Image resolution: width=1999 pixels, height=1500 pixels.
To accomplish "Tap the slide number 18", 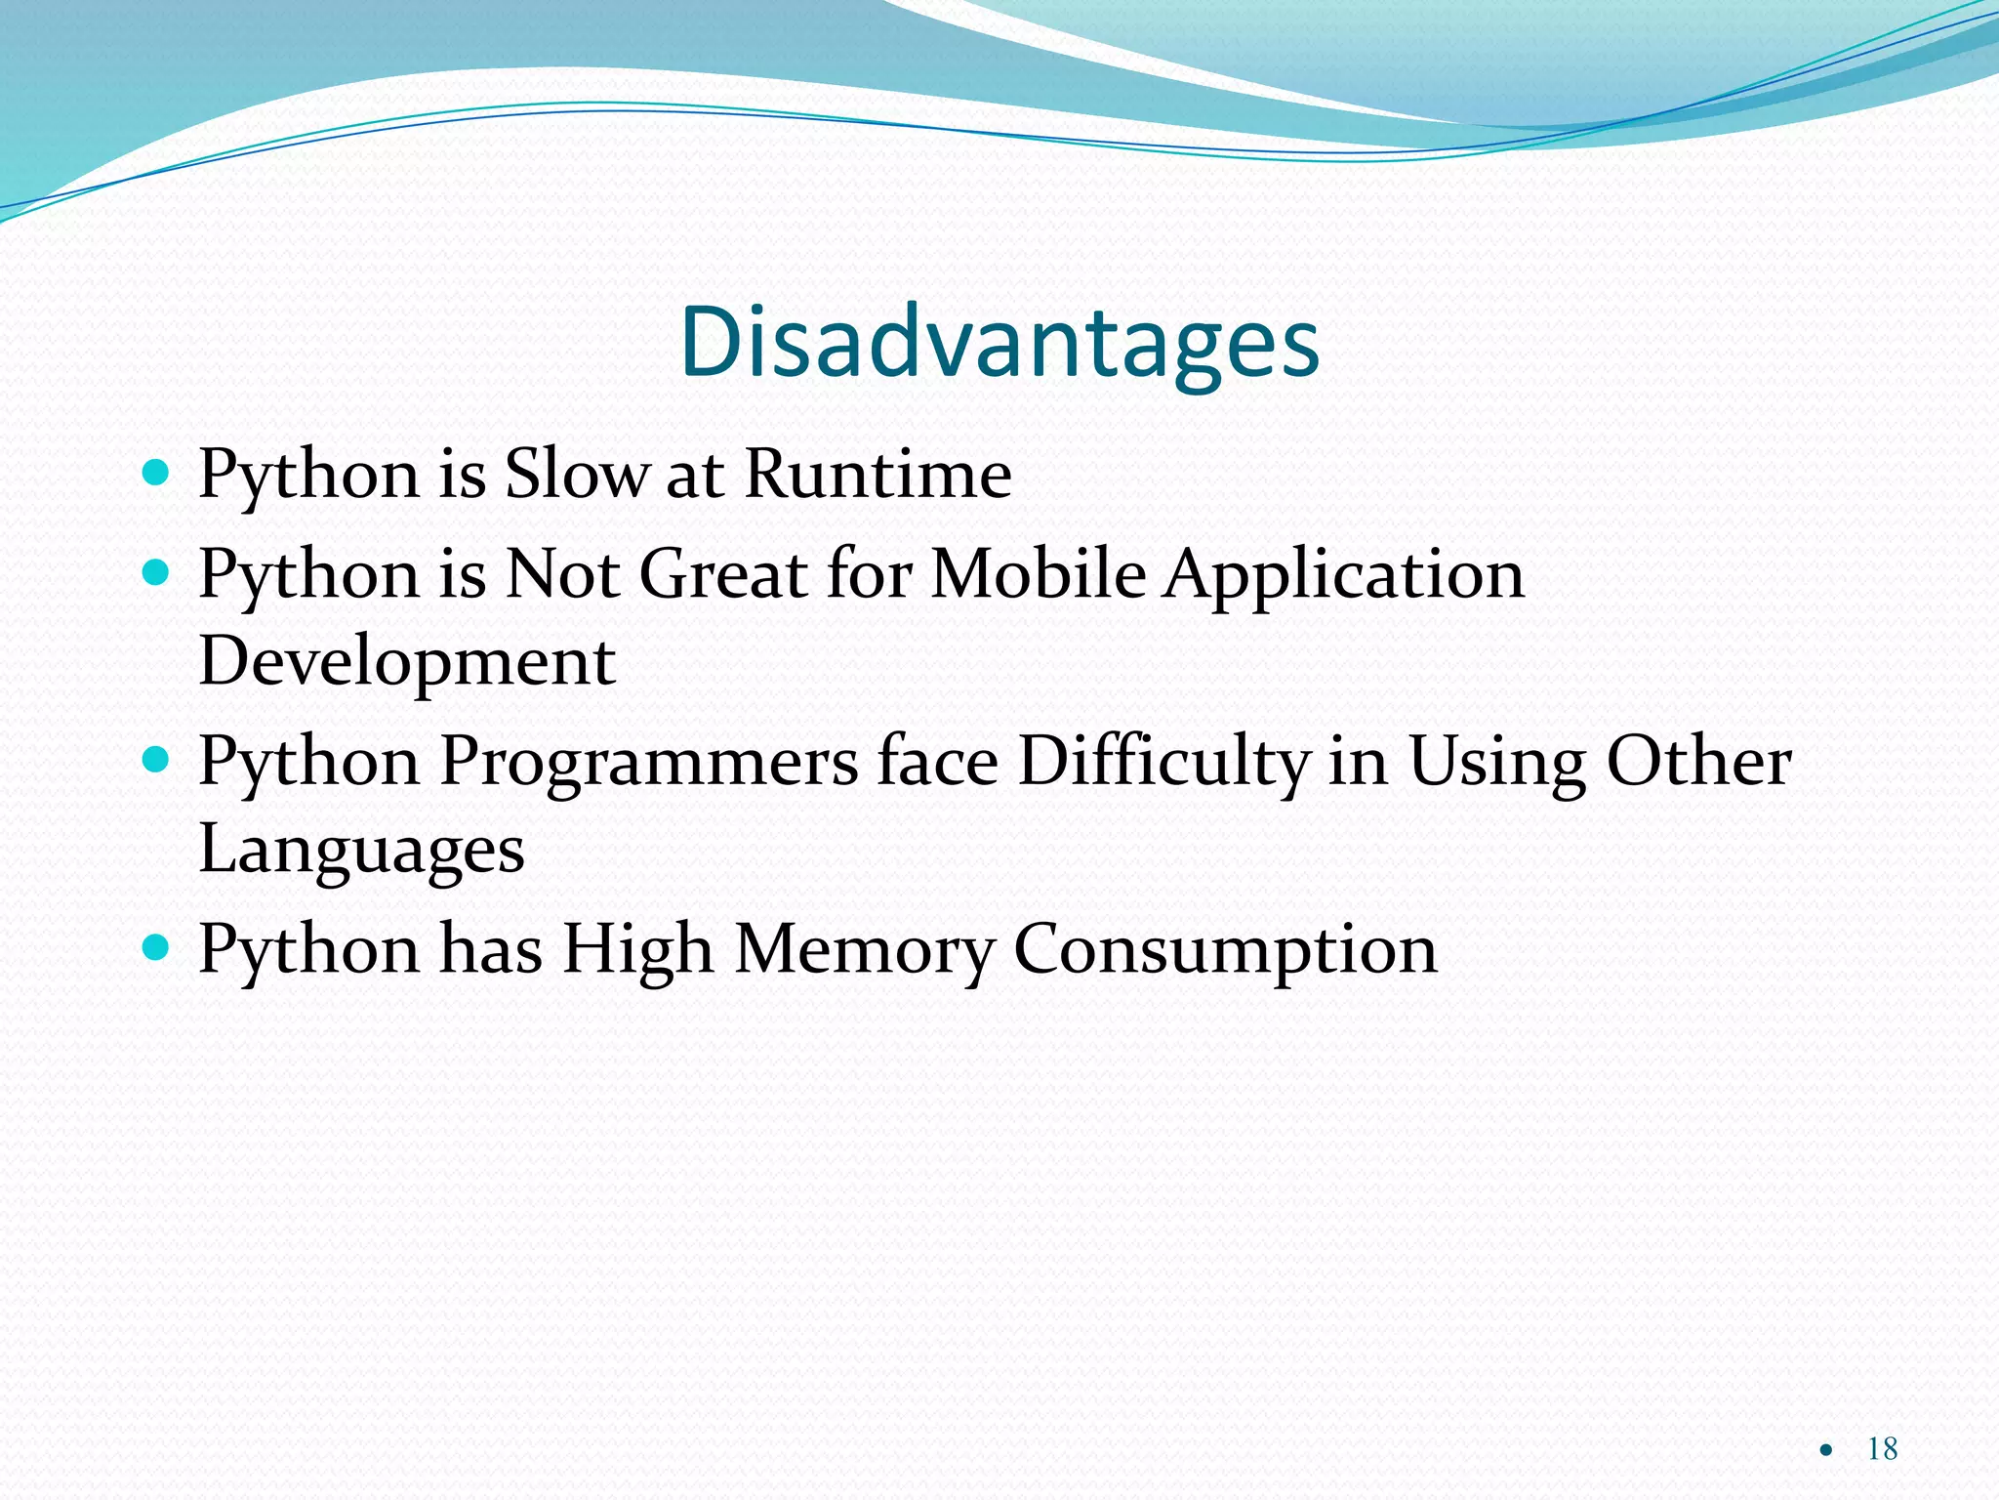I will pos(1882,1448).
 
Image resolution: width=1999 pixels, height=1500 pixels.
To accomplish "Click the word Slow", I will pos(576,474).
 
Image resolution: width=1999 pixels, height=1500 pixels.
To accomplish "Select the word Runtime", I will pos(877,474).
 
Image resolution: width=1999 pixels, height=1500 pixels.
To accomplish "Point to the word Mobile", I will pos(1038,573).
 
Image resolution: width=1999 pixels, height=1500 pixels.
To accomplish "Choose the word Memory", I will pos(864,951).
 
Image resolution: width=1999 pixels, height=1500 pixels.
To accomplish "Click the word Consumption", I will pos(1225,951).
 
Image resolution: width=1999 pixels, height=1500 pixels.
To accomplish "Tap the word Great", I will pos(722,573).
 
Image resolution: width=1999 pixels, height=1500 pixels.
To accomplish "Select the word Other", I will pos(1698,761).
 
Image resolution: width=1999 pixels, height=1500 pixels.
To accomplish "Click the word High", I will pos(638,951).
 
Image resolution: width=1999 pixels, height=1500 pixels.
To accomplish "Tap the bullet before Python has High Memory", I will pos(155,946).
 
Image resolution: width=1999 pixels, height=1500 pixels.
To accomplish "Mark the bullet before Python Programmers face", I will pos(155,759).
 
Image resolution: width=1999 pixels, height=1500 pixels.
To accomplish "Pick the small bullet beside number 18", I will pos(1826,1450).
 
